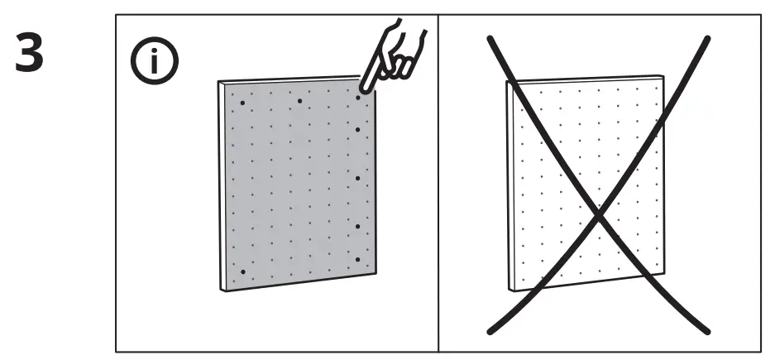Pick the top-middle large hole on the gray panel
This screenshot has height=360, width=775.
click(299, 100)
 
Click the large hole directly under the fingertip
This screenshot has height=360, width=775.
click(359, 98)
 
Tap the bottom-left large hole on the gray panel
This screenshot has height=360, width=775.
click(242, 271)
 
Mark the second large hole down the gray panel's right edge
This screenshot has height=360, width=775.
click(357, 130)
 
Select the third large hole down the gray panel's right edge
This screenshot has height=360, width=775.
click(357, 177)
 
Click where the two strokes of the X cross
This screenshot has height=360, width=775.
click(600, 215)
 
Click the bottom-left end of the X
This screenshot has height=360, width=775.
click(489, 333)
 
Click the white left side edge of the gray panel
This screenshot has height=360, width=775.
click(222, 186)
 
